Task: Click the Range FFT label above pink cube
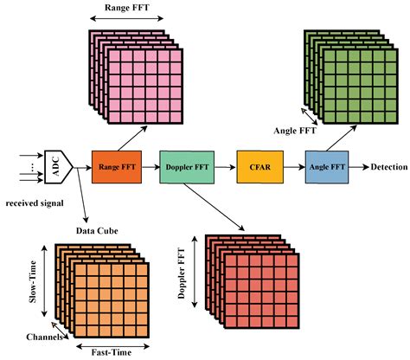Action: tap(127, 8)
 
